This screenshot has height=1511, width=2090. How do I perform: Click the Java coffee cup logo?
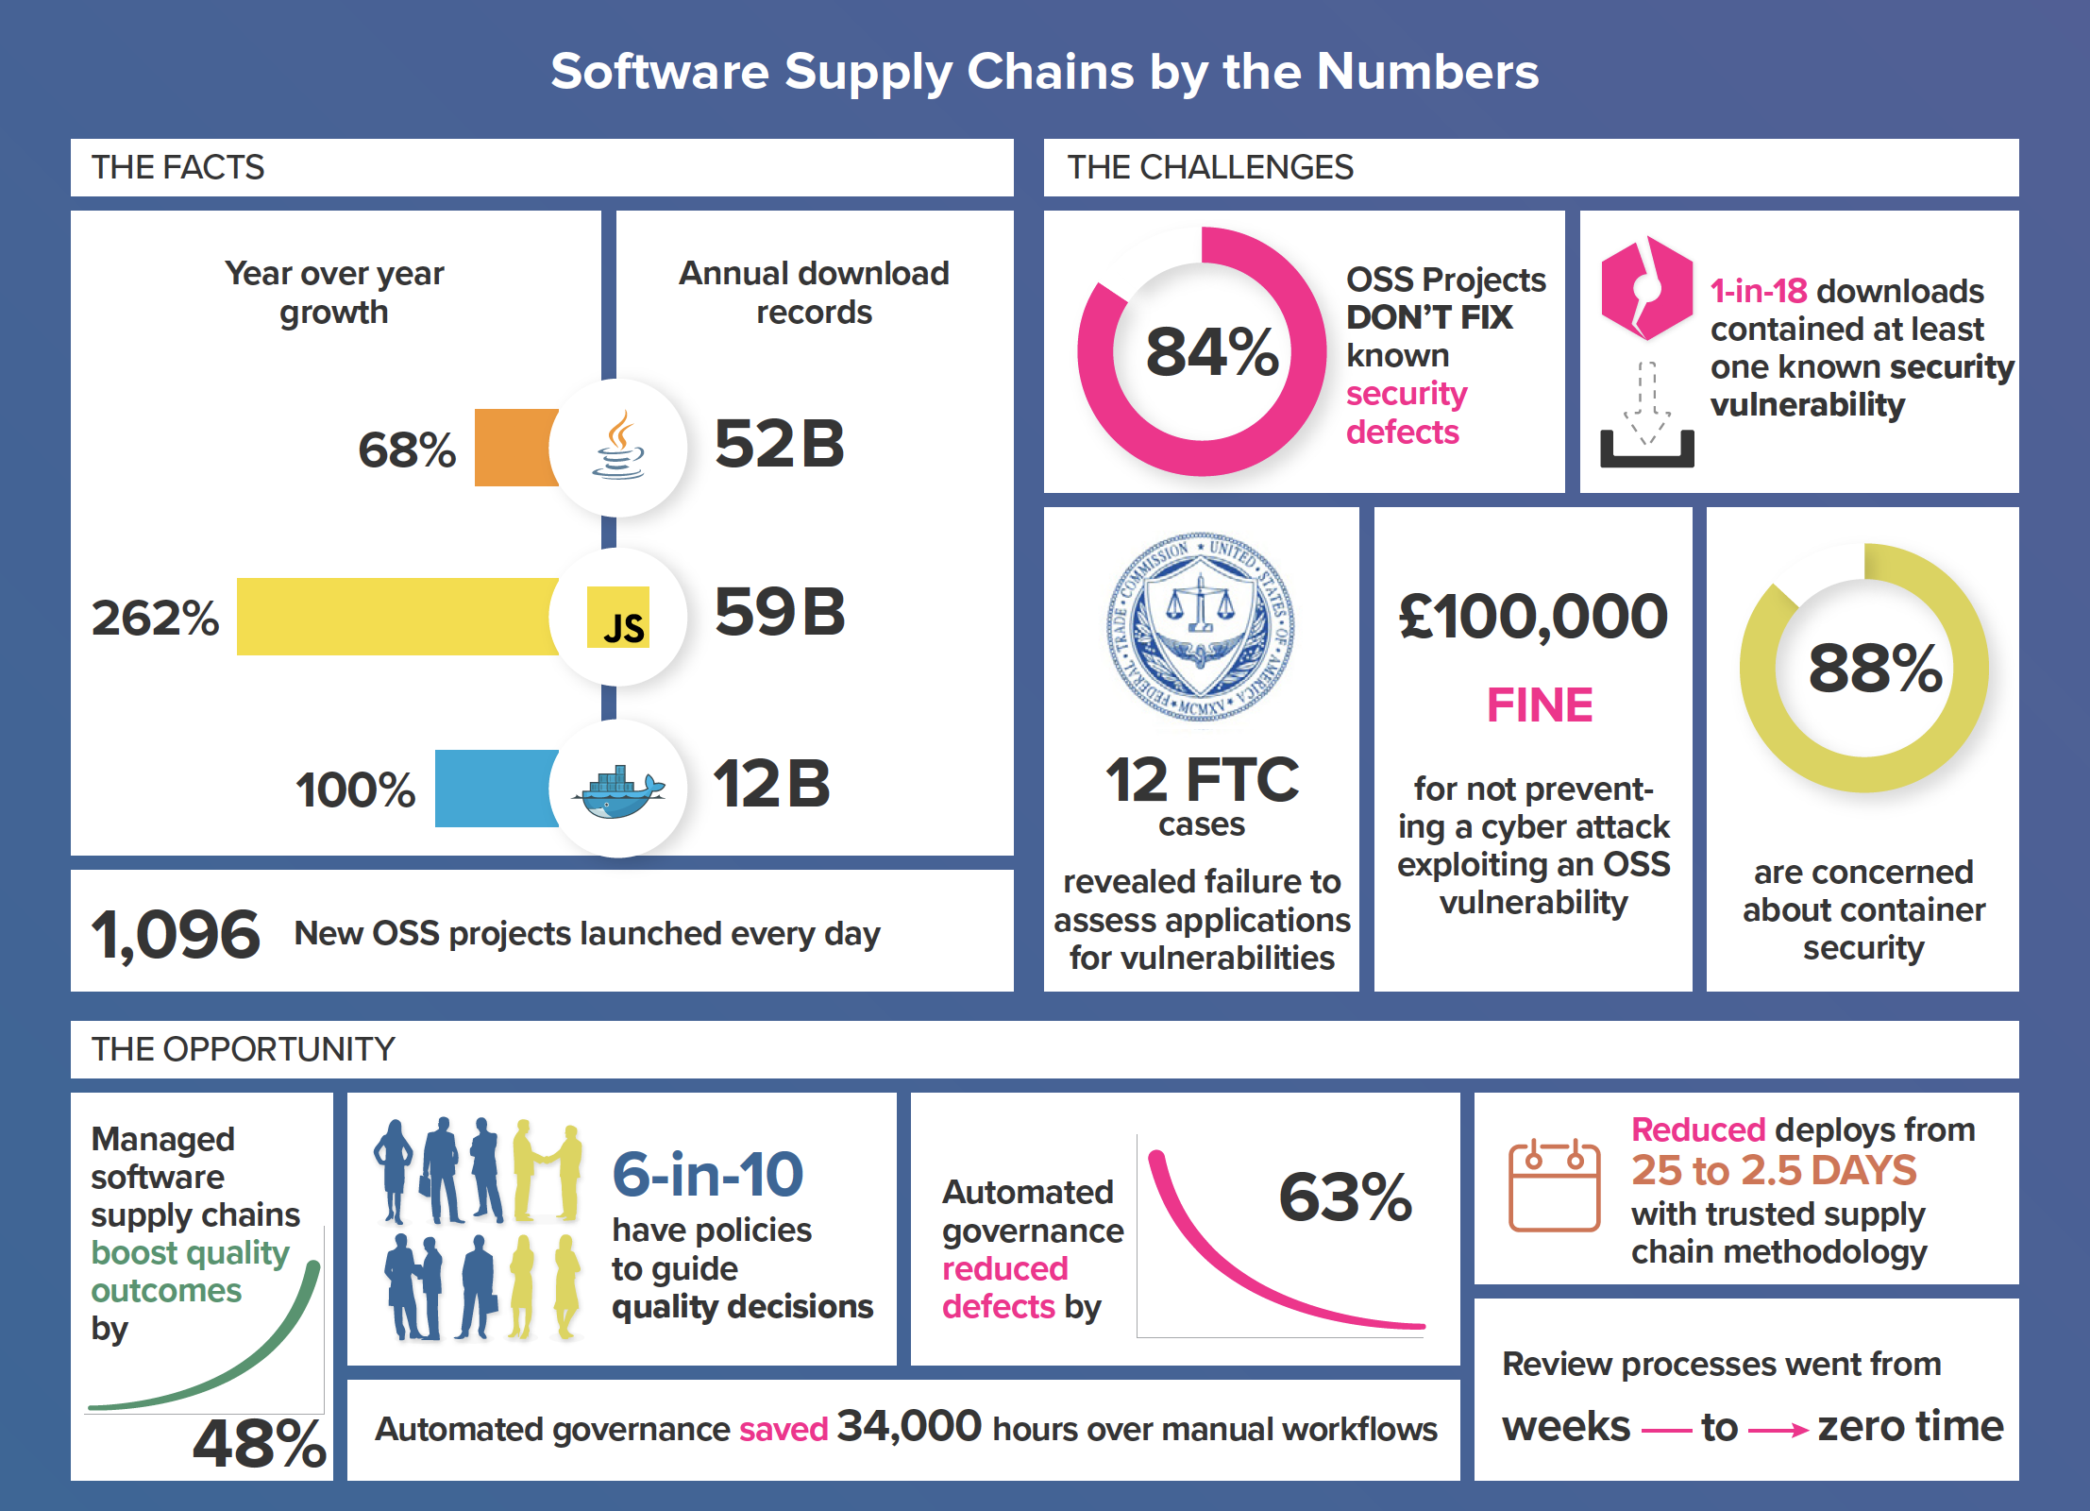tap(619, 446)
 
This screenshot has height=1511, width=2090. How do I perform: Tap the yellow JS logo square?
tap(618, 617)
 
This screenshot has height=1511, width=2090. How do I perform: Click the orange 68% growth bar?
tap(515, 448)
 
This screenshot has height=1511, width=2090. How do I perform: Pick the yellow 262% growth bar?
tap(396, 617)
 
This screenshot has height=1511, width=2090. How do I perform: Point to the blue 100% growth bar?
tap(496, 789)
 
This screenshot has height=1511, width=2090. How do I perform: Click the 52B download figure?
tap(780, 444)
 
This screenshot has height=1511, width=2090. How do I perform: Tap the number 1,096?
tap(176, 935)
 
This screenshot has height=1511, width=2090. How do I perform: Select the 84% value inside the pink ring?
tap(1212, 352)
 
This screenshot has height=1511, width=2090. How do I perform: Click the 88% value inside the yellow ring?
tap(1875, 669)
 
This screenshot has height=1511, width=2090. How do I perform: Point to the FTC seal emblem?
tap(1201, 627)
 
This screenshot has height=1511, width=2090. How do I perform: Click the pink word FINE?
tap(1540, 705)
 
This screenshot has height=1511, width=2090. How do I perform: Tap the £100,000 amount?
tap(1533, 617)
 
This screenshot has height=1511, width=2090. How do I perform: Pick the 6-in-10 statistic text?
tap(708, 1175)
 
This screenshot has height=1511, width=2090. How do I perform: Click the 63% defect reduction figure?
tap(1345, 1197)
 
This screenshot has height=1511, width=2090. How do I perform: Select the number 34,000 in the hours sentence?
tap(909, 1426)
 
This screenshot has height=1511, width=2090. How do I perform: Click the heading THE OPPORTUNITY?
tap(244, 1049)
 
